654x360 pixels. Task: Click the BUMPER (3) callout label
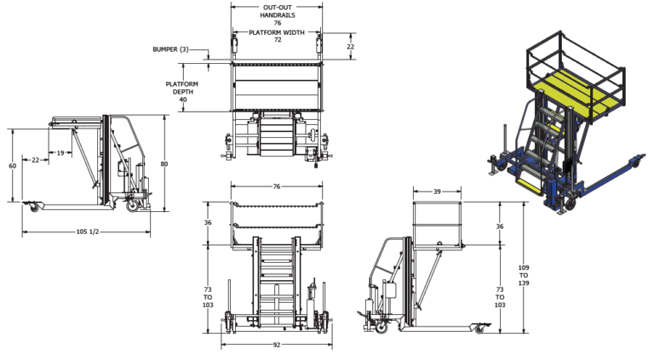(x=170, y=49)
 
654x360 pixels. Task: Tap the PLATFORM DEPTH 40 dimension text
(x=182, y=92)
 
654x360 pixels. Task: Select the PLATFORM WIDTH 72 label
(x=277, y=36)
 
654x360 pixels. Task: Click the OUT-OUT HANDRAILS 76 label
(x=278, y=15)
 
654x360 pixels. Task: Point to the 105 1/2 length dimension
(x=87, y=231)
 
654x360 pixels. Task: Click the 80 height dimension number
(x=164, y=163)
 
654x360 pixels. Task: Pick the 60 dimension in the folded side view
(x=13, y=166)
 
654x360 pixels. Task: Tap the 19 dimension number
(x=60, y=153)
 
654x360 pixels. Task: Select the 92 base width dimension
(x=277, y=345)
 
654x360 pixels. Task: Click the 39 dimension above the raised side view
(x=437, y=191)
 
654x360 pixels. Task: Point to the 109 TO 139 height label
(x=524, y=276)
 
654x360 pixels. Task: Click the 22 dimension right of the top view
(x=350, y=47)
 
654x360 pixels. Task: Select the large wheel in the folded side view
(x=133, y=205)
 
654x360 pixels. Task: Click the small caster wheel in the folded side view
(x=34, y=207)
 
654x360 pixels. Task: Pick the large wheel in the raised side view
(x=381, y=327)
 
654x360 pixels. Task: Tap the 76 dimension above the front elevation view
(x=277, y=186)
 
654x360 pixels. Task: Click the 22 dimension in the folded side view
(x=36, y=160)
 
